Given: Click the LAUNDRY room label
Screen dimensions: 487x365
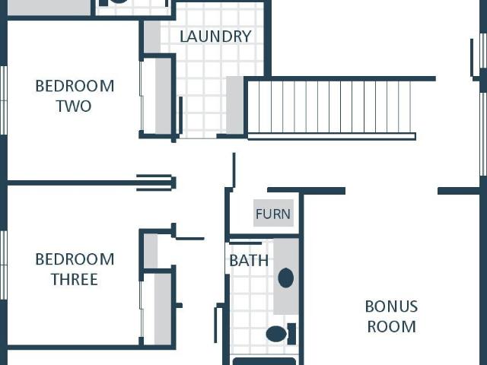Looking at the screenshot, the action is click(215, 36).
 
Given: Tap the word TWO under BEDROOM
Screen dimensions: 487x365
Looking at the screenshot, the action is click(74, 106).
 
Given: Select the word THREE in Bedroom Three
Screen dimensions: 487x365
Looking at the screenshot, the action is click(75, 279).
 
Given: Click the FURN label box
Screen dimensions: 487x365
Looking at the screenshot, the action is click(273, 213).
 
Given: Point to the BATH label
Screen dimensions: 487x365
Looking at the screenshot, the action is click(249, 260).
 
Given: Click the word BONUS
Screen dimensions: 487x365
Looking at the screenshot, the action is click(391, 306).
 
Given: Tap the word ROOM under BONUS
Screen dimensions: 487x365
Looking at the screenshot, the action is click(391, 326).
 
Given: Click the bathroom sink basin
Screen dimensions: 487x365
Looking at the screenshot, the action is click(286, 278).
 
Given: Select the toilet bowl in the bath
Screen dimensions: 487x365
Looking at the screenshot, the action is click(276, 334).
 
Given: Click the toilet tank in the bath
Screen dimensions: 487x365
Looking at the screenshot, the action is click(291, 334).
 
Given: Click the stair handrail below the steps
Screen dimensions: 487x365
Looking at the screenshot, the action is click(332, 136).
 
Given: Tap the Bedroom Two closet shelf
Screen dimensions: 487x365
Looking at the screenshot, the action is click(164, 96).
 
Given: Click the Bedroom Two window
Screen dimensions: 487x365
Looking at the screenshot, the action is click(3, 100).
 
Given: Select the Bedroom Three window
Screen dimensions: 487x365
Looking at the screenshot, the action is click(3, 265).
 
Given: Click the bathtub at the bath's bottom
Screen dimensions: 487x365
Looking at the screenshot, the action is click(264, 361).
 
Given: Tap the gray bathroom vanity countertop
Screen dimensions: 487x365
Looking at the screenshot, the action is click(286, 276).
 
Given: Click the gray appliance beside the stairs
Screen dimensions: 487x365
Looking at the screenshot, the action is click(235, 105).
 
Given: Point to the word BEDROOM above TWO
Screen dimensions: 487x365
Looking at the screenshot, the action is click(75, 86).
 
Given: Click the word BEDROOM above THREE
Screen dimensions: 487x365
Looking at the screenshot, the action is click(75, 259).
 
